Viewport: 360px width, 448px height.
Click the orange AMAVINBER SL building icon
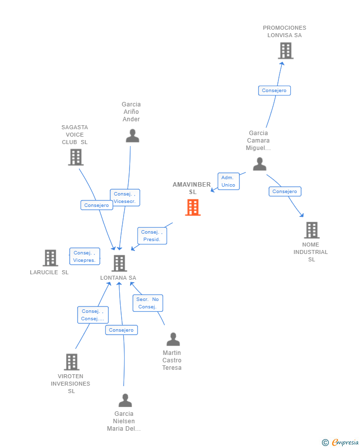193,207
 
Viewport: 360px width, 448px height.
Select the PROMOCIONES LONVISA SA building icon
285,50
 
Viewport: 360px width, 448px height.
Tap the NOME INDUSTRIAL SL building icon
311,230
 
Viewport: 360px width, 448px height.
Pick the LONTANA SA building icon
119,263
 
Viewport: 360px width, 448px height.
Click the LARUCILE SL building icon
50,258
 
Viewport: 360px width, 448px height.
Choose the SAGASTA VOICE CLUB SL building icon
76,157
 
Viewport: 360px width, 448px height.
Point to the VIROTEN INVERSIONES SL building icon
72,362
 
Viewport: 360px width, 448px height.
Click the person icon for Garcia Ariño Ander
132,136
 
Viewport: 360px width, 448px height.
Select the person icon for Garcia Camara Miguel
260,164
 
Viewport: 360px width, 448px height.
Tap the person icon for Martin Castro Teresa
173,339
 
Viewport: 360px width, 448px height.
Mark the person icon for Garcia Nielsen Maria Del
125,400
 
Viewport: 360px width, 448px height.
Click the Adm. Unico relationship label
228,181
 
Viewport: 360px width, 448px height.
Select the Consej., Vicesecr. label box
125,198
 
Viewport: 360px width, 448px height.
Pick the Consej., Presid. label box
152,236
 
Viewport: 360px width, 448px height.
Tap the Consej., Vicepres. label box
85,256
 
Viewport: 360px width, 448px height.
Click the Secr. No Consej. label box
147,303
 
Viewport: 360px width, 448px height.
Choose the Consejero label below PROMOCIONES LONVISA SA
274,91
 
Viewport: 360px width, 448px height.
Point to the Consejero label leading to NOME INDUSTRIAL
285,192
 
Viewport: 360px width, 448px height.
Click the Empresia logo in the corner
341,442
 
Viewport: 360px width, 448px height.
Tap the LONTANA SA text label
118,278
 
